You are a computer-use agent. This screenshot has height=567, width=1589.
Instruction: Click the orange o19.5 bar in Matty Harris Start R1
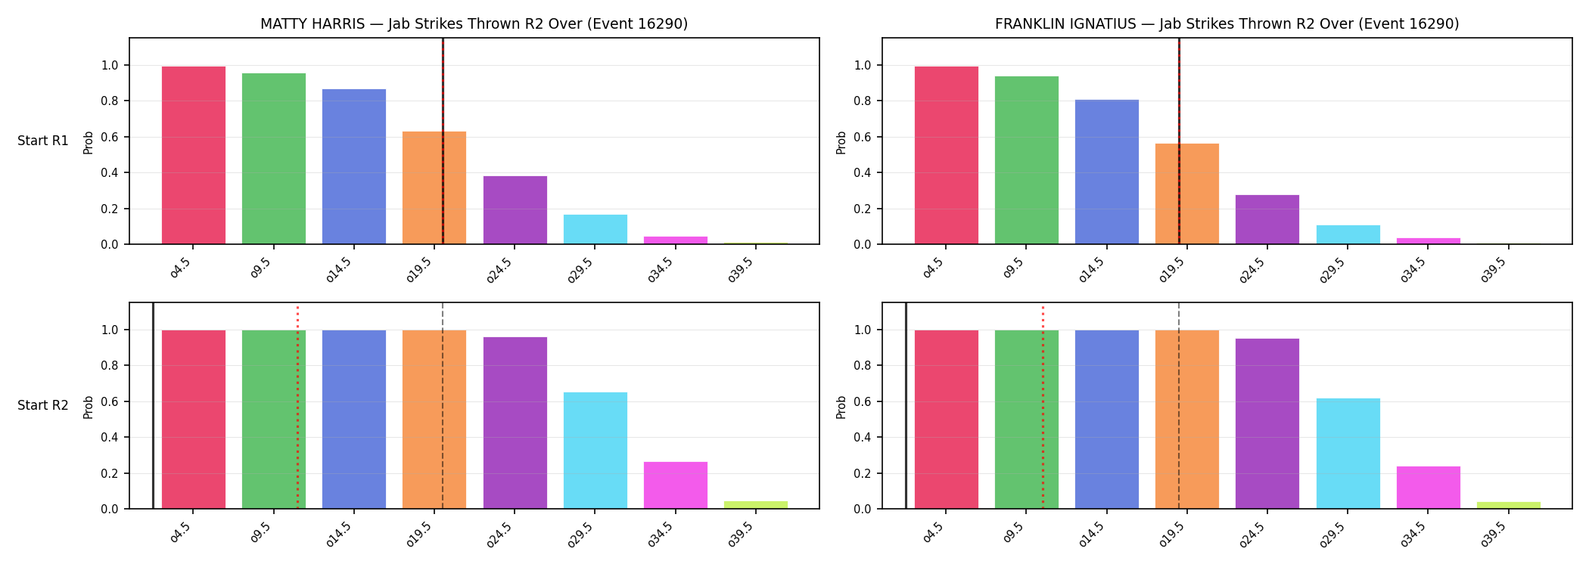pyautogui.click(x=434, y=187)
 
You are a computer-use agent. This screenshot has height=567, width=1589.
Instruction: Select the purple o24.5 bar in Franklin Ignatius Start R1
pyautogui.click(x=1267, y=219)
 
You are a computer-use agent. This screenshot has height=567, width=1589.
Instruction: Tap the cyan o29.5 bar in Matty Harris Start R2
pyautogui.click(x=595, y=451)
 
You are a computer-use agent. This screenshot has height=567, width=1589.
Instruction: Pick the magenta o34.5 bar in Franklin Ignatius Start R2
pyautogui.click(x=1429, y=488)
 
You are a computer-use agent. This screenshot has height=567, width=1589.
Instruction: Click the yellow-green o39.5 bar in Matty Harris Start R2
pyautogui.click(x=756, y=505)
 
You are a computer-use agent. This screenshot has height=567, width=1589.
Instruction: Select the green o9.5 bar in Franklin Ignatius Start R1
pyautogui.click(x=1027, y=160)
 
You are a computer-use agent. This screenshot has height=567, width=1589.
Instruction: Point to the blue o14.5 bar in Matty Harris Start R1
pyautogui.click(x=354, y=166)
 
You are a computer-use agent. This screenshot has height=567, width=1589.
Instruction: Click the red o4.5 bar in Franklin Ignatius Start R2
pyautogui.click(x=947, y=420)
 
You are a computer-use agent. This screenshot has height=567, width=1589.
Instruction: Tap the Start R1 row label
pyautogui.click(x=43, y=141)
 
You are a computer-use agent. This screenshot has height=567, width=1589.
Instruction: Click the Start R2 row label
pyautogui.click(x=43, y=405)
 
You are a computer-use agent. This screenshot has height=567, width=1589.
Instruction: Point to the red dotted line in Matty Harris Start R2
pyautogui.click(x=297, y=407)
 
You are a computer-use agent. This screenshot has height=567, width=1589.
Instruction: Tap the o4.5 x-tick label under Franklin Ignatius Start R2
pyautogui.click(x=933, y=532)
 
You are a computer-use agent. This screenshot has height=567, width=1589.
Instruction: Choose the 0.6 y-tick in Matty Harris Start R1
pyautogui.click(x=110, y=137)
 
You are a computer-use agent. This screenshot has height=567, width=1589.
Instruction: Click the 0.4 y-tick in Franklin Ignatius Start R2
pyautogui.click(x=863, y=437)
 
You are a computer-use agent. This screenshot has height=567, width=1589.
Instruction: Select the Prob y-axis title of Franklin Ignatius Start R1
pyautogui.click(x=841, y=142)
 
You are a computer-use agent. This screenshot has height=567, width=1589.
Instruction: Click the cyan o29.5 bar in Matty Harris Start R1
pyautogui.click(x=595, y=229)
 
